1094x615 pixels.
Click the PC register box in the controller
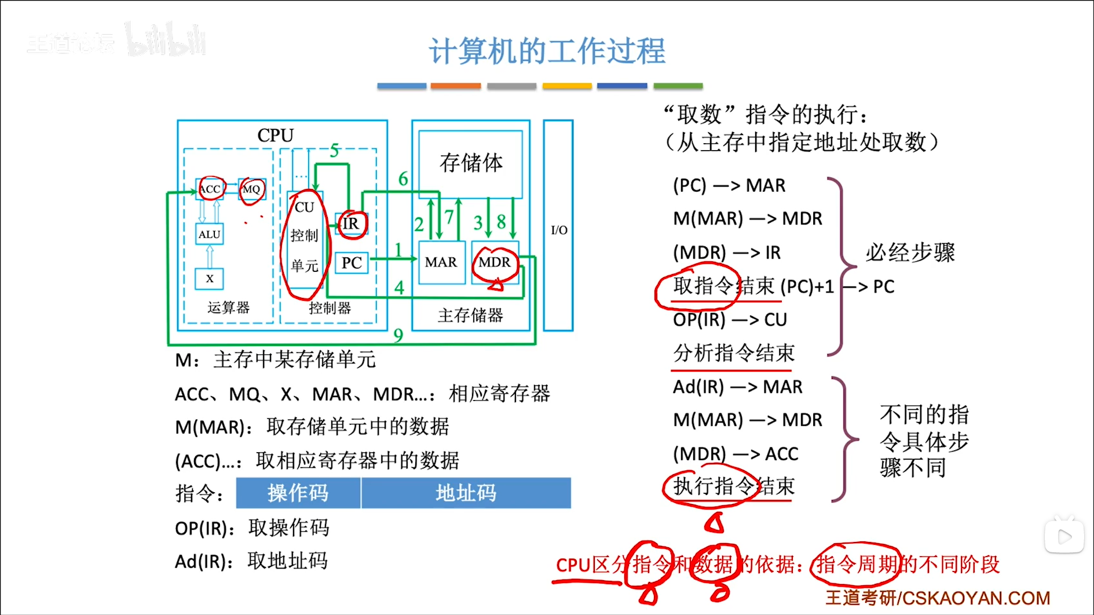[x=352, y=263]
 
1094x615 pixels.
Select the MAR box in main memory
[x=441, y=263]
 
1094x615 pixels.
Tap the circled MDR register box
[x=495, y=263]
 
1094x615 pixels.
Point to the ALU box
[x=209, y=234]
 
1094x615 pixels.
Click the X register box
[x=209, y=279]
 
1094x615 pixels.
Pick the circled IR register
[x=351, y=224]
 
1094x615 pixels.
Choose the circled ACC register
[x=210, y=189]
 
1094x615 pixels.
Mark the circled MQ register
[x=251, y=190]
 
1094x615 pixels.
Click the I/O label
[x=559, y=230]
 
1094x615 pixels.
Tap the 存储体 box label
[x=471, y=163]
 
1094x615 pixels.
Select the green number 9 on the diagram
[x=398, y=335]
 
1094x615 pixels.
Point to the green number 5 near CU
[x=334, y=151]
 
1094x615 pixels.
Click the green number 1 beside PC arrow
[x=398, y=250]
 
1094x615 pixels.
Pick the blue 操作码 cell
[x=298, y=493]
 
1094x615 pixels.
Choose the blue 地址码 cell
[x=466, y=493]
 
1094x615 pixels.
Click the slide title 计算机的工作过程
[x=547, y=51]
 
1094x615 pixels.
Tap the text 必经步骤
[x=910, y=253]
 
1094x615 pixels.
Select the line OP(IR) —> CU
[x=730, y=320]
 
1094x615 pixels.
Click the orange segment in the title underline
[x=455, y=86]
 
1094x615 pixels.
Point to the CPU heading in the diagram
[x=276, y=135]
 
